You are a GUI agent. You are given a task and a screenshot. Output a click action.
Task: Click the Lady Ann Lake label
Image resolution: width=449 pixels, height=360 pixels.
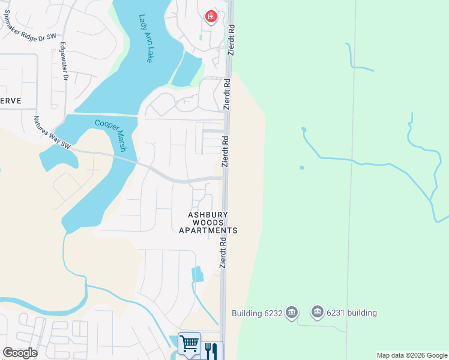[145, 39]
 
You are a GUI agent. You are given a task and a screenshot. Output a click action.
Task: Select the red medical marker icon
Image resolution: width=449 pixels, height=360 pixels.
[211, 17]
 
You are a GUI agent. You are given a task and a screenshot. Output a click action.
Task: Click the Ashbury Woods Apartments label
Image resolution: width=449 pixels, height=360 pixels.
[208, 222]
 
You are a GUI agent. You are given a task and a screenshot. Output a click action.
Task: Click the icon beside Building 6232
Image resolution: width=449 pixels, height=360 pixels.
[292, 313]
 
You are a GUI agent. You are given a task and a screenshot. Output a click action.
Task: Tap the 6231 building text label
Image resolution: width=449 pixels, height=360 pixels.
[352, 313]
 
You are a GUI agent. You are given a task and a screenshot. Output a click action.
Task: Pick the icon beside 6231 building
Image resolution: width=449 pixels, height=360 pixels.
[318, 312]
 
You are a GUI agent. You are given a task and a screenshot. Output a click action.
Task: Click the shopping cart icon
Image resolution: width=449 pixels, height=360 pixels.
[189, 344]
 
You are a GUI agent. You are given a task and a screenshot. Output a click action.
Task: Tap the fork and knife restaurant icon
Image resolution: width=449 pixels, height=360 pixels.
[211, 350]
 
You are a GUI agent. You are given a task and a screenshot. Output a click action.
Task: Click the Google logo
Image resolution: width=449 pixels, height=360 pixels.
[20, 353]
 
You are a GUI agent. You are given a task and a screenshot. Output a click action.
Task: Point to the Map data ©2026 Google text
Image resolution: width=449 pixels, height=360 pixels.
[412, 355]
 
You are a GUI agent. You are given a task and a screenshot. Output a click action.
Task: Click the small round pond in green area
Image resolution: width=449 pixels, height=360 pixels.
[301, 167]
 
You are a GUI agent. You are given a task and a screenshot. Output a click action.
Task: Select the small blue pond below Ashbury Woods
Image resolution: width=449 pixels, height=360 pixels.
[197, 274]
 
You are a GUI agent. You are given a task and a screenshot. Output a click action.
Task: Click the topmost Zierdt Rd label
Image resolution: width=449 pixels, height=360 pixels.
[231, 40]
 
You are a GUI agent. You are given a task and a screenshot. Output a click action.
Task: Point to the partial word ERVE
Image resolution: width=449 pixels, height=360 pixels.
[11, 101]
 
